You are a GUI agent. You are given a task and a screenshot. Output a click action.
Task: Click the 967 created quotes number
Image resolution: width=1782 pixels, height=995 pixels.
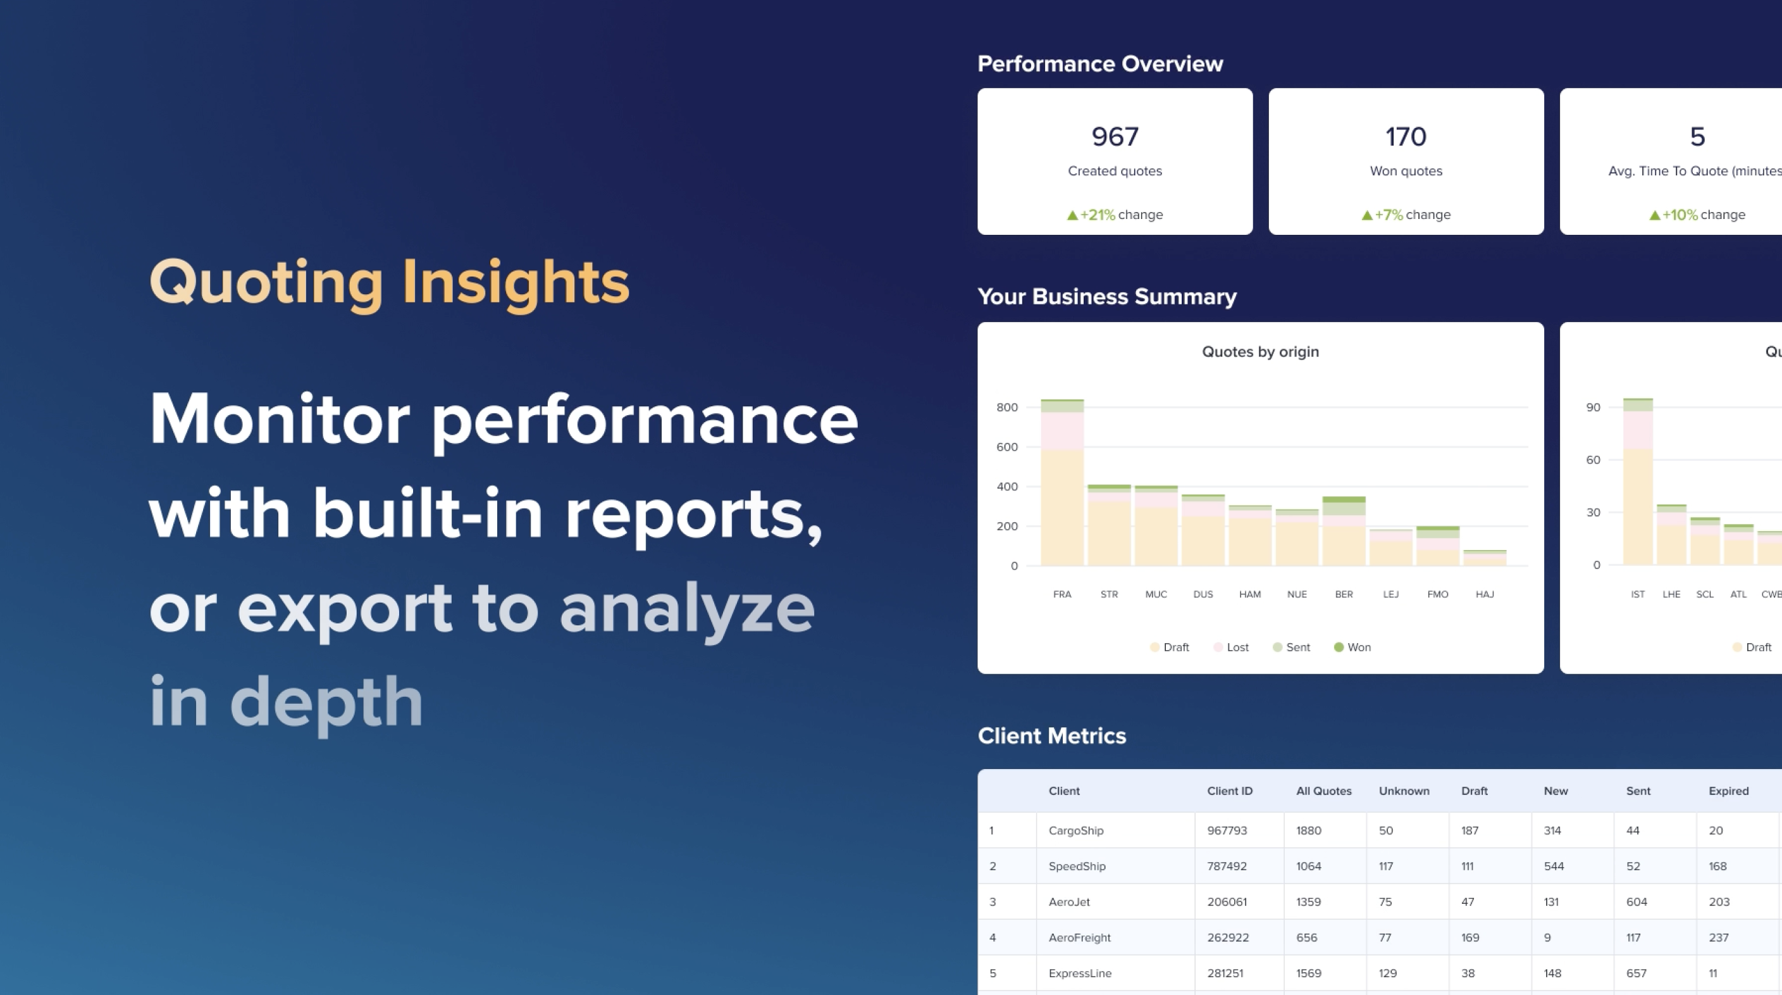tap(1115, 136)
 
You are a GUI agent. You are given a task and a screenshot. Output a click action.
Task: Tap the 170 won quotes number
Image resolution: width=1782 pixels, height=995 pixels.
tap(1406, 136)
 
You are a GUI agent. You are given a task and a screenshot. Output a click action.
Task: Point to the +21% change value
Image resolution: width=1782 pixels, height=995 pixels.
tap(1098, 215)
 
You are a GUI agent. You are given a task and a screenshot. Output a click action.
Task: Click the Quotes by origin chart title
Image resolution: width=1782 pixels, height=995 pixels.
tap(1260, 351)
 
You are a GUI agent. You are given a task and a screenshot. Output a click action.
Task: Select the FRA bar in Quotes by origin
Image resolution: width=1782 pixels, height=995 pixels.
tap(1062, 482)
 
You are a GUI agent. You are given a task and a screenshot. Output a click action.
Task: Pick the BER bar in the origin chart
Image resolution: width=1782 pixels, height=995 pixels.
tap(1344, 530)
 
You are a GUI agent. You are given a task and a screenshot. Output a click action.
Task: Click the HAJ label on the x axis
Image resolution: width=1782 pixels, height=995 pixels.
tap(1485, 594)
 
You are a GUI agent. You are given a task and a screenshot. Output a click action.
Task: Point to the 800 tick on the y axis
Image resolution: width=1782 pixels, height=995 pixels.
tap(1007, 408)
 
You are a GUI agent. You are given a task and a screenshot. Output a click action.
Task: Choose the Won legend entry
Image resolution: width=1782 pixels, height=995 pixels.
tap(1352, 647)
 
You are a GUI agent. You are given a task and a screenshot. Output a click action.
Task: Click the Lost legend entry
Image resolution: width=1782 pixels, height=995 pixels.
tap(1232, 647)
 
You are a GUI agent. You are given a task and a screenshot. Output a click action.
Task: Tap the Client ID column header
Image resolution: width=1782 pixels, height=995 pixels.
tap(1230, 791)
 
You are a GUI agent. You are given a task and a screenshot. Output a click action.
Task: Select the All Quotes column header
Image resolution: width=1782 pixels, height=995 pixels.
tap(1324, 791)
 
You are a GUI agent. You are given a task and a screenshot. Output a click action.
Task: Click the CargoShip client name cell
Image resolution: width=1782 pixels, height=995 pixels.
tap(1075, 830)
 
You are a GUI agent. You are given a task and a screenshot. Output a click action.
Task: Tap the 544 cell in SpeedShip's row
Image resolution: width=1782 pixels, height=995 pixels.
tap(1554, 867)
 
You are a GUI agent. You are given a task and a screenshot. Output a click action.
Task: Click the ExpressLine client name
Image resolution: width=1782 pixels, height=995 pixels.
tap(1080, 973)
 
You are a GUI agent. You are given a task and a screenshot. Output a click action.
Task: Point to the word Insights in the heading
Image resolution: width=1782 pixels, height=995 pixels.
tap(516, 282)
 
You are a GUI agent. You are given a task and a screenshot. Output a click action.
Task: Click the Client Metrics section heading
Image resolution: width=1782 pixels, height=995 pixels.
tap(1051, 735)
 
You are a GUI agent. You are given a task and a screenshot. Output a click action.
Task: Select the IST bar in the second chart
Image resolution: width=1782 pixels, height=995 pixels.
tap(1637, 482)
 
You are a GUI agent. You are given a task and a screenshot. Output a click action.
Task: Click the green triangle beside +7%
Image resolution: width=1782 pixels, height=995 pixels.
tap(1367, 215)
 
